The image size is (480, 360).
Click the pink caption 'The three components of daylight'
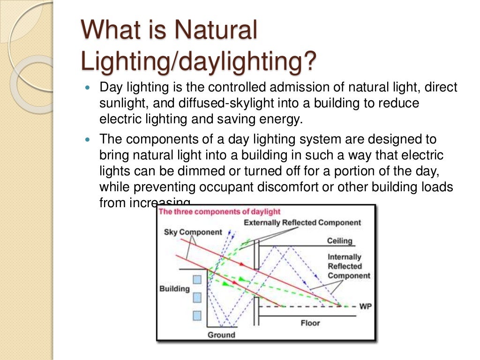[220, 211]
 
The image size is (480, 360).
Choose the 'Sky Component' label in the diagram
[193, 232]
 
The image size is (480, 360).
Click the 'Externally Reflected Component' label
[302, 223]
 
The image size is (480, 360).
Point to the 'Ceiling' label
[339, 241]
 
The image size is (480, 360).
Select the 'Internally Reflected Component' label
[349, 266]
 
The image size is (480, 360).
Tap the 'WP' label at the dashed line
[365, 306]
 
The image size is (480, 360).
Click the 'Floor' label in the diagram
[310, 323]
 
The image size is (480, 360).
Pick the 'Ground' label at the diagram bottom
[221, 335]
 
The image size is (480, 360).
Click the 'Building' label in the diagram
[174, 289]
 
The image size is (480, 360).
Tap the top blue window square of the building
[197, 279]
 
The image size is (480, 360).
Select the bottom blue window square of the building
[197, 315]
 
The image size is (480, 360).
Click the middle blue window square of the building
[197, 297]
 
